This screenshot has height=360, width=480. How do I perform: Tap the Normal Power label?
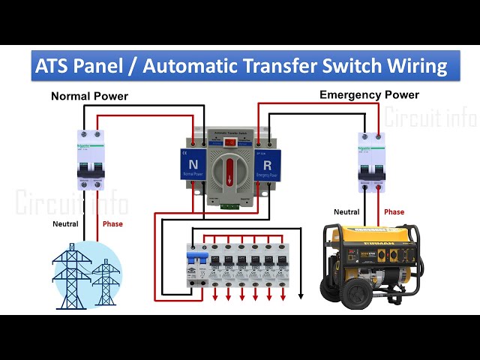click(89, 96)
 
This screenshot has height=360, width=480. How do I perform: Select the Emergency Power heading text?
click(369, 94)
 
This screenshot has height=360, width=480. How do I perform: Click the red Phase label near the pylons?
click(112, 223)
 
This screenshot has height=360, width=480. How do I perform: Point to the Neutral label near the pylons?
click(65, 223)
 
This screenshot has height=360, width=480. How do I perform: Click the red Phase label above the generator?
click(394, 212)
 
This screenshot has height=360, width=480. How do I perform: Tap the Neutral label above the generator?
click(346, 212)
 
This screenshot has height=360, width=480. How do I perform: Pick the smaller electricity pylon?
click(105, 281)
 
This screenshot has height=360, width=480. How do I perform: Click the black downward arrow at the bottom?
click(300, 295)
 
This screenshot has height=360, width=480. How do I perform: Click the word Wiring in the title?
click(418, 66)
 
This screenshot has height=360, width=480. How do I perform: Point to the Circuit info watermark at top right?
click(430, 118)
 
